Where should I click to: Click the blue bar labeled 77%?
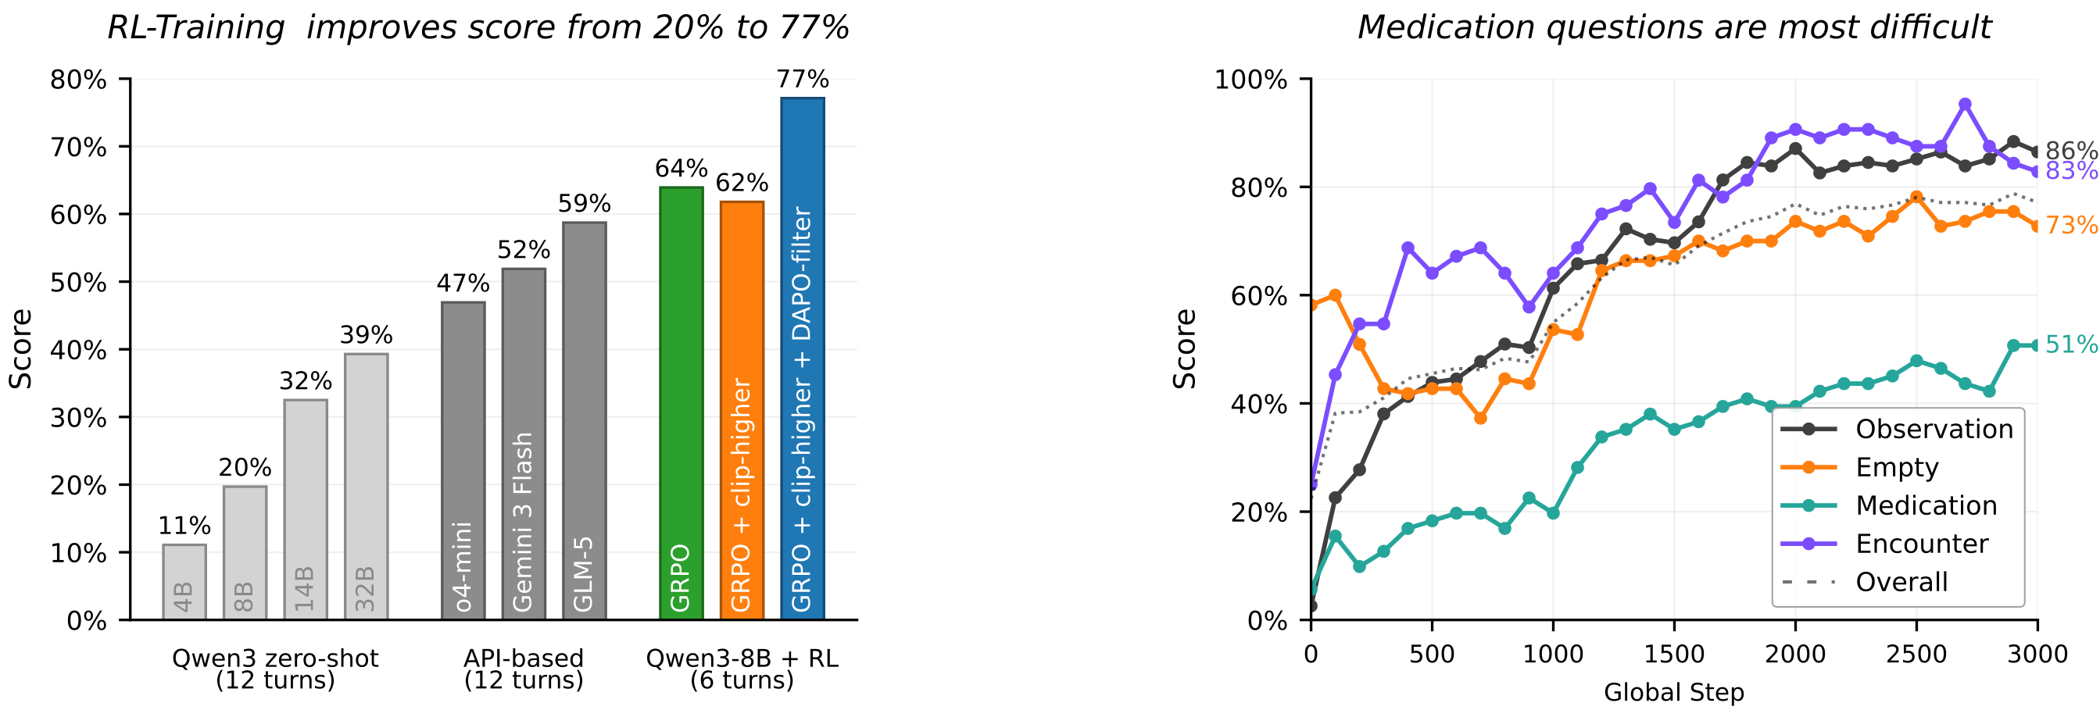click(802, 359)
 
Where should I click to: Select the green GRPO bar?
click(681, 404)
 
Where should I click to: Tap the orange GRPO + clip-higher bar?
click(742, 411)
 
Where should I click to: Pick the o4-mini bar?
click(463, 462)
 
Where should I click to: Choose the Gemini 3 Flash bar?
click(524, 444)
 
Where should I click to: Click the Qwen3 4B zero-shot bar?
click(184, 582)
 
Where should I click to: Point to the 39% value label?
click(366, 335)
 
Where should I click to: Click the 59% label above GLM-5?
click(584, 204)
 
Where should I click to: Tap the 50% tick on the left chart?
click(78, 283)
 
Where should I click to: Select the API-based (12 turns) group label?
click(524, 669)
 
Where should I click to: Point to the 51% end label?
click(2070, 344)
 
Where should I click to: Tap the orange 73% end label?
click(2070, 225)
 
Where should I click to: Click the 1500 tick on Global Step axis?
click(1673, 655)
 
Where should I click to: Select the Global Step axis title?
click(1673, 693)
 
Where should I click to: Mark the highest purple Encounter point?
click(1965, 105)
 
